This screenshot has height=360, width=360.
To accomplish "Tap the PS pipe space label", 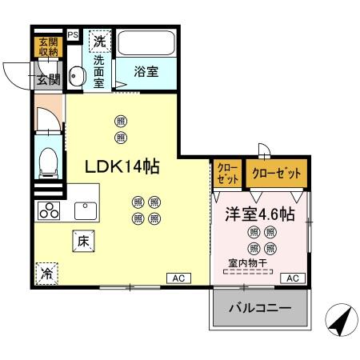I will pyautogui.click(x=73, y=34).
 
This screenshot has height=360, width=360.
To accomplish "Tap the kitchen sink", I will pyautogui.click(x=84, y=211).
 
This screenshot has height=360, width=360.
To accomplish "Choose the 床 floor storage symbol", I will pyautogui.click(x=82, y=240).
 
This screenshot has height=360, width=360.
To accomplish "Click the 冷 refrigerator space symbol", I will pyautogui.click(x=46, y=272).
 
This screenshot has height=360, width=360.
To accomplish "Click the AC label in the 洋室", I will pyautogui.click(x=293, y=278).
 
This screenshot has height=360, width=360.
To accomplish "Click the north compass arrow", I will pyautogui.click(x=338, y=324).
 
